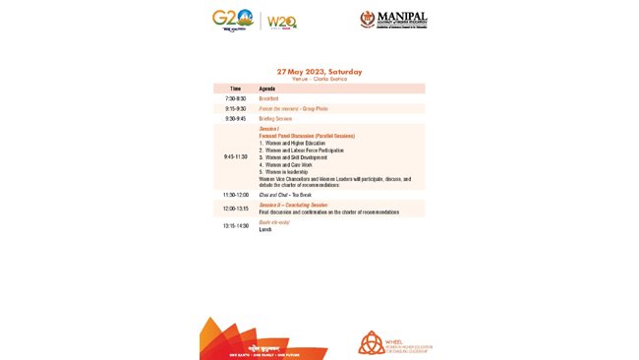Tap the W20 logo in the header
[281, 22]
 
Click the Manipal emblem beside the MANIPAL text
[369, 20]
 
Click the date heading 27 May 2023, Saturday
[319, 72]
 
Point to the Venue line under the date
[319, 79]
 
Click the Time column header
[235, 89]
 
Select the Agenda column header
[266, 89]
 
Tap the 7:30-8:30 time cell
[236, 98]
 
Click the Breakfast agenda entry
[268, 98]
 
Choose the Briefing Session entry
[276, 118]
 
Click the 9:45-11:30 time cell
[236, 156]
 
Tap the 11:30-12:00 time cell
[236, 195]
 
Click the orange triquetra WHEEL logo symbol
[372, 342]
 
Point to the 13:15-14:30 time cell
[236, 225]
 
